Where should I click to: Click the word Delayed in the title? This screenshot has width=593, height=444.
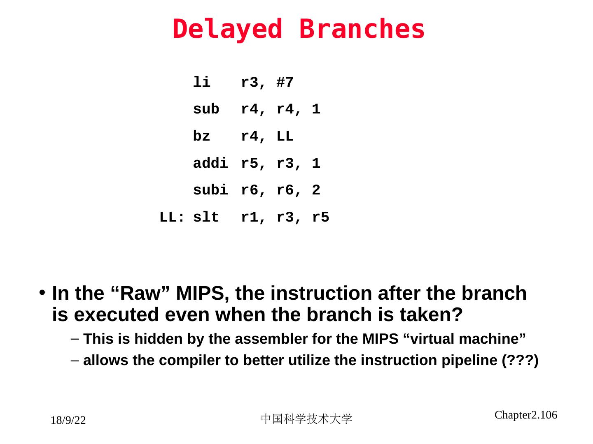pyautogui.click(x=227, y=30)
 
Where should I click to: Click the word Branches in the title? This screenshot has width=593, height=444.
pyautogui.click(x=362, y=30)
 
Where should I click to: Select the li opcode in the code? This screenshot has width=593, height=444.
pyautogui.click(x=201, y=83)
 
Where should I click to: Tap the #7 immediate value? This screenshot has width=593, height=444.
pyautogui.click(x=285, y=83)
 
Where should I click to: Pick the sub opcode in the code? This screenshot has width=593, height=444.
pyautogui.click(x=206, y=109)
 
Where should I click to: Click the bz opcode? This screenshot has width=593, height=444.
pyautogui.click(x=201, y=136)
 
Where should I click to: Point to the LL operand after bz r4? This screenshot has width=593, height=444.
pyautogui.click(x=285, y=136)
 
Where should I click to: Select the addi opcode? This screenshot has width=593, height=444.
pyautogui.click(x=210, y=164)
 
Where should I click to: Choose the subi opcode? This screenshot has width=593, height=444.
pyautogui.click(x=210, y=190)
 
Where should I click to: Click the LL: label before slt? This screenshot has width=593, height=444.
pyautogui.click(x=172, y=217)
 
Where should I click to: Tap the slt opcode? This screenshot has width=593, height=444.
pyautogui.click(x=206, y=217)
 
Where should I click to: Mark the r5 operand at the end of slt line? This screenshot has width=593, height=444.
pyautogui.click(x=320, y=217)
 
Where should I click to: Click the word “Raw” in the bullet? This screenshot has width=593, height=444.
pyautogui.click(x=140, y=294)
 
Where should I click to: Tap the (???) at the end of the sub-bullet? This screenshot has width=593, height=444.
pyautogui.click(x=520, y=361)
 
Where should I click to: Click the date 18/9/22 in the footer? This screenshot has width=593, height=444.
pyautogui.click(x=68, y=421)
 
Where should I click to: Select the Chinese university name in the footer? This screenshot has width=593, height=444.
pyautogui.click(x=306, y=419)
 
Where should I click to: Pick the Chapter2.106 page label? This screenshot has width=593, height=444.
pyautogui.click(x=525, y=415)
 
